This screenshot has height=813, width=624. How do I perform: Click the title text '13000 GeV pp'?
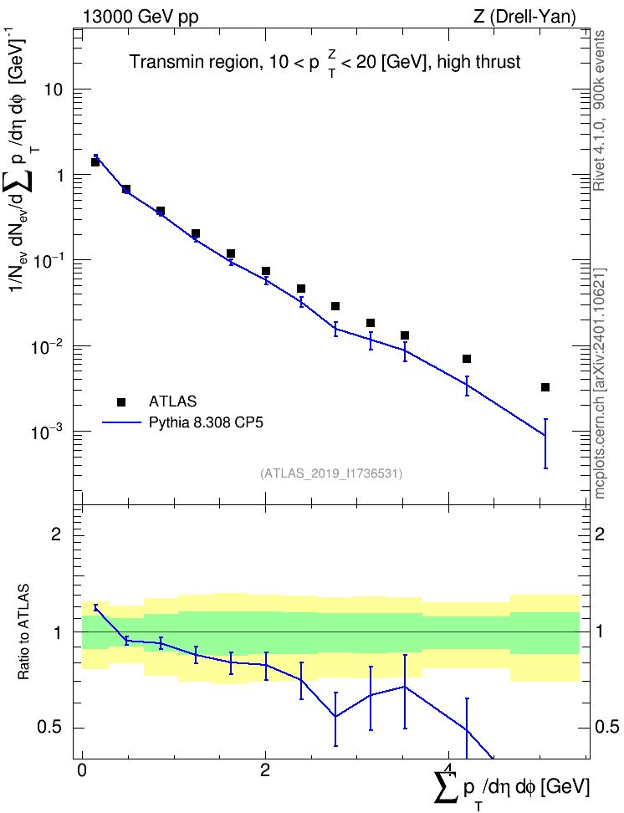tap(140, 17)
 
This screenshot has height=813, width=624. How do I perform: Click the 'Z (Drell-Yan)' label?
tap(524, 17)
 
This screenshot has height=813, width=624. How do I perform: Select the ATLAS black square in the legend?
tap(121, 401)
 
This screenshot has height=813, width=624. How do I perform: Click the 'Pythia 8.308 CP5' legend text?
tap(206, 423)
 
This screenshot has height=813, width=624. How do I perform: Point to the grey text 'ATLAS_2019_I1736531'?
tap(331, 473)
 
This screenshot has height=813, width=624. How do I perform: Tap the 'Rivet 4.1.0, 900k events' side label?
tap(599, 110)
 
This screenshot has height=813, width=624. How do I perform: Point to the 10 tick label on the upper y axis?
tap(52, 89)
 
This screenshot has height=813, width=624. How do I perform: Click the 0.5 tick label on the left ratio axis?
tap(50, 728)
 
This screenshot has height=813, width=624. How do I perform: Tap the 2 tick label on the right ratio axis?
tap(599, 534)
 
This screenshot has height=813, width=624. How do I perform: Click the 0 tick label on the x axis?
tap(82, 770)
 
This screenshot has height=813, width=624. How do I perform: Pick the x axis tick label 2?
tap(265, 770)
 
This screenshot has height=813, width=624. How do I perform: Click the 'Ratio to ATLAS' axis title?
tap(23, 632)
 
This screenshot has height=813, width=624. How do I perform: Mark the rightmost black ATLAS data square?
tap(545, 387)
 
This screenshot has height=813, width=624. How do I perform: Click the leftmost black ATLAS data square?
tap(95, 162)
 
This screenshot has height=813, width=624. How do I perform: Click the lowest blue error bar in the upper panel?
tap(545, 443)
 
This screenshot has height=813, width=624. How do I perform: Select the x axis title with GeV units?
tap(512, 789)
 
